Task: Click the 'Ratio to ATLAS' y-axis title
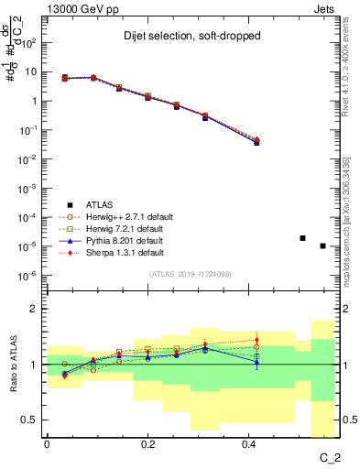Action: point(13,365)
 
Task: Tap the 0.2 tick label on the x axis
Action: point(147,442)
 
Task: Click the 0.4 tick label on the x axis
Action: point(248,442)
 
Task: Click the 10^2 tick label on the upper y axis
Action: point(30,42)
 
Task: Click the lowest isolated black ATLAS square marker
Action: point(322,245)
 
